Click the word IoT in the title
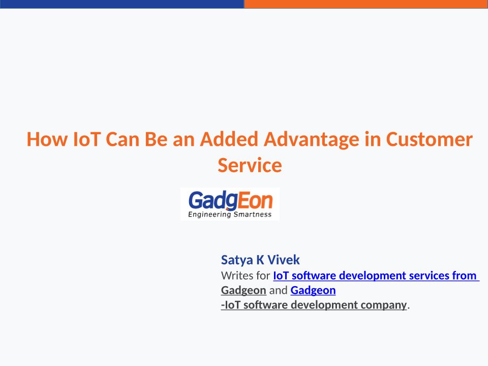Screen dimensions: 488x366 (x=86, y=139)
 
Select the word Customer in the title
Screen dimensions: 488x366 (x=429, y=139)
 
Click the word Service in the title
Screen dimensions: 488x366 (x=250, y=165)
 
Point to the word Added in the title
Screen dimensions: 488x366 (x=229, y=139)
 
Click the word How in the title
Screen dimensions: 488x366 (x=47, y=139)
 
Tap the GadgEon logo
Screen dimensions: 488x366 (x=230, y=204)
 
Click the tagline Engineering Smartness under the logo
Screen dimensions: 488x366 (x=230, y=215)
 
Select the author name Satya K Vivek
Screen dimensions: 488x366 (x=260, y=260)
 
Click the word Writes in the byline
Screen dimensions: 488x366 (x=237, y=276)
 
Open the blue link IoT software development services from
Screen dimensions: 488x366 (x=376, y=276)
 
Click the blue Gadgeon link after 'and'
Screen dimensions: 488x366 (x=313, y=290)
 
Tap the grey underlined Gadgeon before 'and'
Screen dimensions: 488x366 (x=243, y=290)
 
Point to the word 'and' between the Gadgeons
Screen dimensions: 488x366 (x=278, y=290)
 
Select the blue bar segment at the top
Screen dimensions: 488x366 (x=122, y=4)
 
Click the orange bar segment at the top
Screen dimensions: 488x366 (x=366, y=4)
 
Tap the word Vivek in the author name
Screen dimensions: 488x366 (x=284, y=260)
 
